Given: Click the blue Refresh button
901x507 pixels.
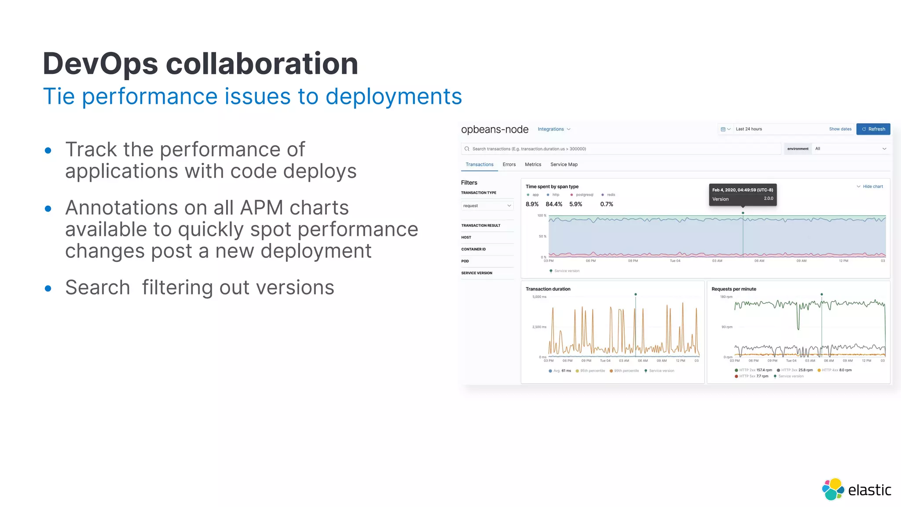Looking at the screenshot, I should [873, 129].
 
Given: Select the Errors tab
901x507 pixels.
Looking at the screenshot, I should [509, 165].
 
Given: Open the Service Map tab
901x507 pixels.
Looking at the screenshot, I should [564, 165].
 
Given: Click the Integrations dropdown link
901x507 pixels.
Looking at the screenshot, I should [553, 129].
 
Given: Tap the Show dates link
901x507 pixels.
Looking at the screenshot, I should [840, 129].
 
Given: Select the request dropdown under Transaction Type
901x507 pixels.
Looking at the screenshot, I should [487, 206].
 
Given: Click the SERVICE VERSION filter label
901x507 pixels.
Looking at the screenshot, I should [476, 273].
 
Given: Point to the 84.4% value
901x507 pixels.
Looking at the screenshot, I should [553, 204].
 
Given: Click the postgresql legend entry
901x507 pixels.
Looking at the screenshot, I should [584, 195].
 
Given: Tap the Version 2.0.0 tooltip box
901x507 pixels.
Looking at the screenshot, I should [742, 195].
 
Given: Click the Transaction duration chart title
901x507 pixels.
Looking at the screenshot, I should [548, 289].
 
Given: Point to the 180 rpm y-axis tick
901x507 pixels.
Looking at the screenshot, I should [726, 297].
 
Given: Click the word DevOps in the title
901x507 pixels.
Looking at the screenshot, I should [100, 64].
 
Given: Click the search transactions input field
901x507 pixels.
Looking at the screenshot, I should [620, 149].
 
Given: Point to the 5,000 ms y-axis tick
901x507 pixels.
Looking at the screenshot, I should [539, 297].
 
